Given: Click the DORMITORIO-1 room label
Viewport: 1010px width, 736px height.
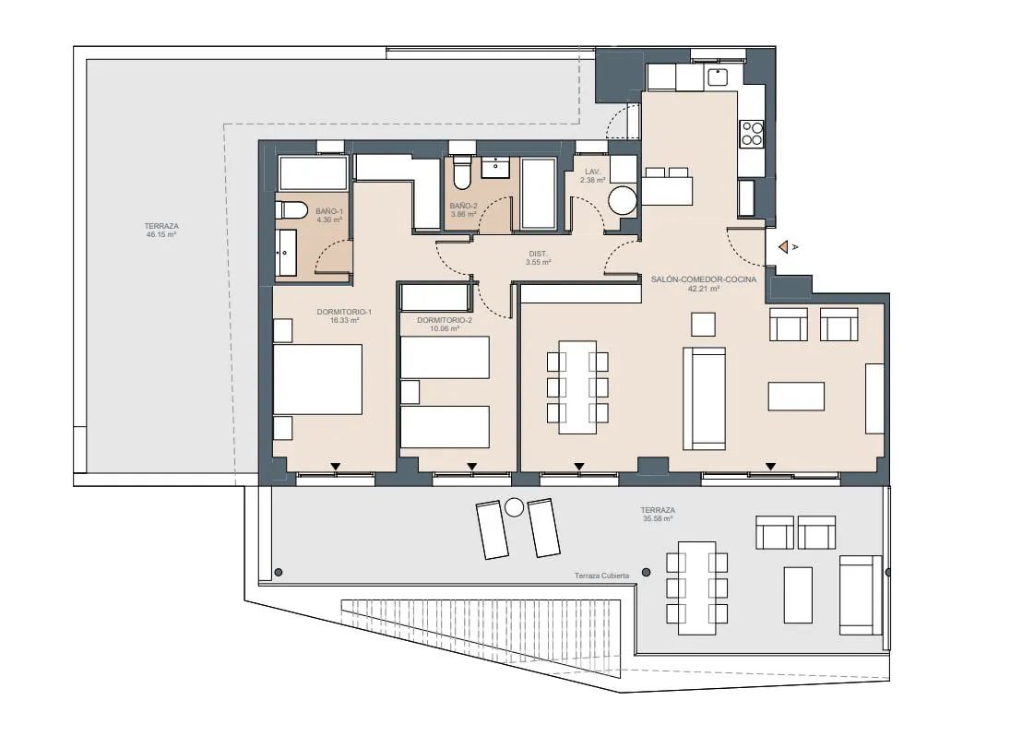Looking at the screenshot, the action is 344,312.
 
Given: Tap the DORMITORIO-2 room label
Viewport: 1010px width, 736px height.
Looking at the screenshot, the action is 445,320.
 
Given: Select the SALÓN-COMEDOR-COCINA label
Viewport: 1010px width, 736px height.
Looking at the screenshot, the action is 704,279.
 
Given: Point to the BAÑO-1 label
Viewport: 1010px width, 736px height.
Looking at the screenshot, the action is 329,211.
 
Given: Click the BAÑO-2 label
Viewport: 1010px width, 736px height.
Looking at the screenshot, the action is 463,206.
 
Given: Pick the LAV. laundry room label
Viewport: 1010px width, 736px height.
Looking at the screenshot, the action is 592,172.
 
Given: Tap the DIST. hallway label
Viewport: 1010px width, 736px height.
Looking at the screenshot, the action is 538,254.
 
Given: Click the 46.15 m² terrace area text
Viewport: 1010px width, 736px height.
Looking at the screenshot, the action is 161,235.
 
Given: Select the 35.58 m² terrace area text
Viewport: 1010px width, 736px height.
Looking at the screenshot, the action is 658,518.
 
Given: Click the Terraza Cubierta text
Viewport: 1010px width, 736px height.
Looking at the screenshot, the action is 601,576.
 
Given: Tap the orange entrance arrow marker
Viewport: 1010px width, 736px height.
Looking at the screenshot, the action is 784,246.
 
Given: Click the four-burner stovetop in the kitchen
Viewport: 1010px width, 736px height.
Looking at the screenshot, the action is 752,134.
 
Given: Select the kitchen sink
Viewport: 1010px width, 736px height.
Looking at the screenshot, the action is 718,77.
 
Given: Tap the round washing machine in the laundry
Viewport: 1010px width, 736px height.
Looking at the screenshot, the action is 623,200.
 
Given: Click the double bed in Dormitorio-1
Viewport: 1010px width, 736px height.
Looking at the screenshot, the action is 317,379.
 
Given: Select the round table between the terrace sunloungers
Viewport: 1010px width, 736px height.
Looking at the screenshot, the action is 514,507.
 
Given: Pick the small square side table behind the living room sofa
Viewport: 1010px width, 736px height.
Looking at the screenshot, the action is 703,325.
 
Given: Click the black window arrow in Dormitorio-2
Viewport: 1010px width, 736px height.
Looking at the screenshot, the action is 472,467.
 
